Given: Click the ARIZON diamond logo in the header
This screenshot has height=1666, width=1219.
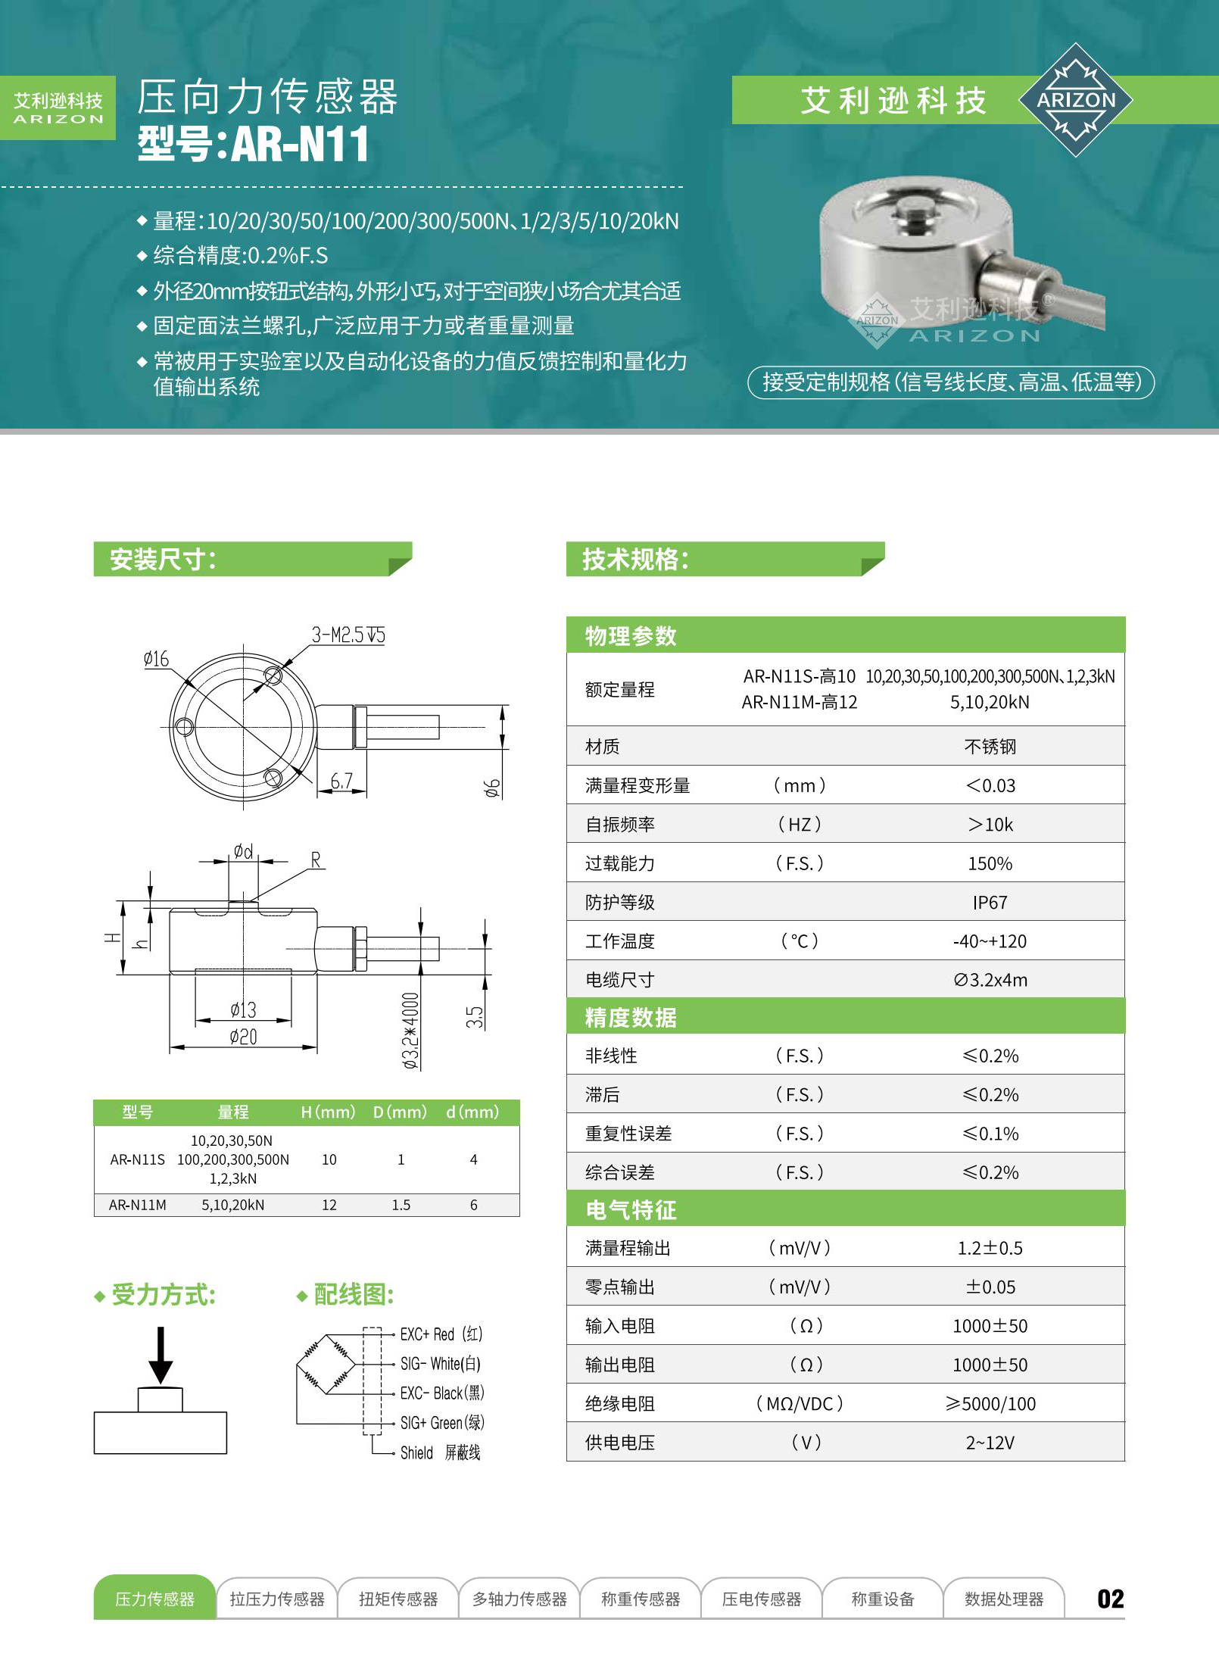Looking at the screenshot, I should tap(1075, 100).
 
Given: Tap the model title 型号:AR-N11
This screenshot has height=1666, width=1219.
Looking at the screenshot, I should tap(253, 144).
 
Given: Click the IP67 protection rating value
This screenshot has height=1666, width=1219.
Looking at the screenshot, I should tap(990, 902).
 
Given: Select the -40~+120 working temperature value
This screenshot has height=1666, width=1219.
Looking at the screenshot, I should tap(990, 941).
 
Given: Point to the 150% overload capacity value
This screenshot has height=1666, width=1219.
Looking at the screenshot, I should tap(990, 863).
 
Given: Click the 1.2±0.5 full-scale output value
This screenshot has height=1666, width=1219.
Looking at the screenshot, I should tap(990, 1248).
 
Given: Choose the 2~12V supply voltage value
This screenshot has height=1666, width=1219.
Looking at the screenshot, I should tap(990, 1443).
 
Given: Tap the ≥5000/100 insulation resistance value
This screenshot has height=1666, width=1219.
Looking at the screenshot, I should tap(990, 1404).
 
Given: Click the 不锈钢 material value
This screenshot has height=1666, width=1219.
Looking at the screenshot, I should tap(990, 747).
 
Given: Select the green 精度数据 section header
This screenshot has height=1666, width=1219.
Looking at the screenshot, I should tap(631, 1017).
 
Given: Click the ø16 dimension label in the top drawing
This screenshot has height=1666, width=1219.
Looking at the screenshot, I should tap(156, 659).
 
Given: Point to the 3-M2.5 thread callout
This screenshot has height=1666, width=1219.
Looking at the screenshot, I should tap(348, 635).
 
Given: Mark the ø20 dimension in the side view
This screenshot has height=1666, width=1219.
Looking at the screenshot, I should tap(243, 1037).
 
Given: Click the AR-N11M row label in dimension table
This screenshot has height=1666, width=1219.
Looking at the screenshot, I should tap(138, 1205).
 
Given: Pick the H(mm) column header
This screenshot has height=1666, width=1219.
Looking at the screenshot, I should tap(328, 1112).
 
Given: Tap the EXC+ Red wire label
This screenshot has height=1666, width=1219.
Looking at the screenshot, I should tap(441, 1334).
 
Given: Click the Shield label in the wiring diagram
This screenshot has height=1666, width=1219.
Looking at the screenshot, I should tap(416, 1452).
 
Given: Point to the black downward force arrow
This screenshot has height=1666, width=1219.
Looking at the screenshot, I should tap(161, 1356).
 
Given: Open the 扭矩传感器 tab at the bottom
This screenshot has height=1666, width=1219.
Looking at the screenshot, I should tap(398, 1599).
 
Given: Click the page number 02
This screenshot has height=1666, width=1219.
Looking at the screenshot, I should tap(1110, 1599).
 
